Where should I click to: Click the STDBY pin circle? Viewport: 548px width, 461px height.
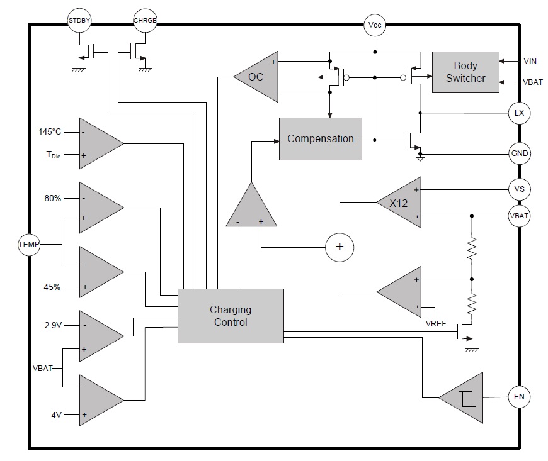pos(79,21)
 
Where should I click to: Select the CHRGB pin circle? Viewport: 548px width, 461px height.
pos(145,21)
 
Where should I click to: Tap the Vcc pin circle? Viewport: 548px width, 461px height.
pos(375,26)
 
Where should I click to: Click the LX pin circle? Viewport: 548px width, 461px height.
pos(519,113)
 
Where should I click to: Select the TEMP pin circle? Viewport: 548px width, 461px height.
pos(28,244)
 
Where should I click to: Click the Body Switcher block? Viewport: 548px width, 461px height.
pos(465,72)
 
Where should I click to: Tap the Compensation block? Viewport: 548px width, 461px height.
pos(320,138)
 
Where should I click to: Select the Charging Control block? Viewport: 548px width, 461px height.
pos(231,316)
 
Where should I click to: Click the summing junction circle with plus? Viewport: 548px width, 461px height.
pos(340,247)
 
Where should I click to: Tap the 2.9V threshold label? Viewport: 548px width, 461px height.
pos(52,325)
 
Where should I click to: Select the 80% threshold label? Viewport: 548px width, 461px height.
pos(52,197)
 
